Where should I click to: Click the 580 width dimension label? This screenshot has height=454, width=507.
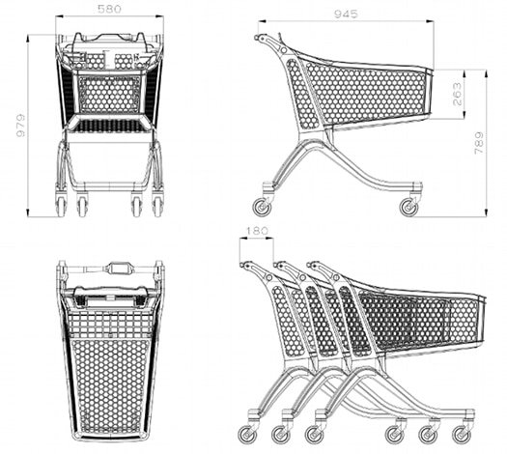(x=109, y=9)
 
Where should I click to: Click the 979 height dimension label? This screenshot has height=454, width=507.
(x=20, y=126)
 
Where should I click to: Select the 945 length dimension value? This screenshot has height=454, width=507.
(x=346, y=14)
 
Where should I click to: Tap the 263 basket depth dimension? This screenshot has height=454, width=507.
(x=457, y=94)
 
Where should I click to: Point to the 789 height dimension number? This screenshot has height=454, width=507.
(x=479, y=143)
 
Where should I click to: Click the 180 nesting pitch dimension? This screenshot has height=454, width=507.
(x=258, y=231)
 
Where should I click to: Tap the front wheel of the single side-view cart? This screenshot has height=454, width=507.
(x=408, y=207)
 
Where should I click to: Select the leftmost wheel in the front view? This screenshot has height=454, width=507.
(x=61, y=205)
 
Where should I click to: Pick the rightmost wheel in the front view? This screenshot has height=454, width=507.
(x=157, y=205)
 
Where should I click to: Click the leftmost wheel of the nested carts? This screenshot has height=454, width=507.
(x=247, y=434)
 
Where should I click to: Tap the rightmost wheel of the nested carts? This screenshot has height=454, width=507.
(x=462, y=435)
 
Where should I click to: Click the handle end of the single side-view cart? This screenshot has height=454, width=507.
(x=257, y=38)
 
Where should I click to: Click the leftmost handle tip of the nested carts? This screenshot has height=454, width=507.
(x=242, y=265)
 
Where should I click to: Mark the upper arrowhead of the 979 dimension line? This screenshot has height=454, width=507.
(x=28, y=38)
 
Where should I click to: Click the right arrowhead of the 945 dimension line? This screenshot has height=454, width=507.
(x=430, y=21)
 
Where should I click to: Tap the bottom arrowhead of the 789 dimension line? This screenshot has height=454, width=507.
(x=486, y=213)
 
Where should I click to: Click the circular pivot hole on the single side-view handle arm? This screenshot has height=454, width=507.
(x=284, y=50)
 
